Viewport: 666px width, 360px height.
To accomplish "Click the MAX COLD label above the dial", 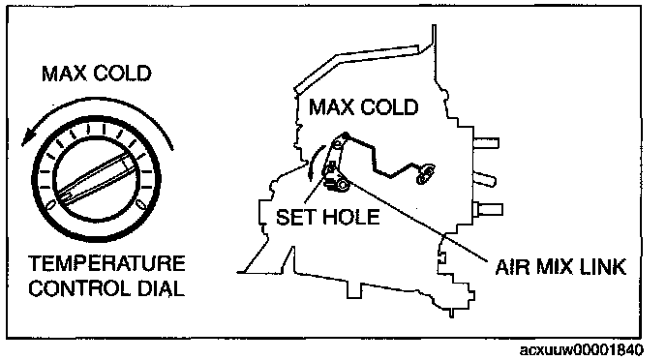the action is click(x=97, y=74).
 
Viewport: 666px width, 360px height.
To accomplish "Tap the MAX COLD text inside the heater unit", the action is click(x=364, y=107).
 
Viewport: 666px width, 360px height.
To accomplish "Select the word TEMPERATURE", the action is click(x=107, y=263).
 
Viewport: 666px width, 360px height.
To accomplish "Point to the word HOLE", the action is click(x=350, y=217).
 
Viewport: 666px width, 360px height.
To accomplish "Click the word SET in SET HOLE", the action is click(x=296, y=217).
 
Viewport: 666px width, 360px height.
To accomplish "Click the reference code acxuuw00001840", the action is click(x=582, y=349).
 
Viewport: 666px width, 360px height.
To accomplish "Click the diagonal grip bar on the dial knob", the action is click(x=97, y=176).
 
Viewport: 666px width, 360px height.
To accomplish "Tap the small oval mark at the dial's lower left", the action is click(x=50, y=205).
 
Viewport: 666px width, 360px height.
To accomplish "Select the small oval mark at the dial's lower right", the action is click(x=141, y=204).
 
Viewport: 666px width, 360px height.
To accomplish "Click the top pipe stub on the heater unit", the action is click(x=486, y=143).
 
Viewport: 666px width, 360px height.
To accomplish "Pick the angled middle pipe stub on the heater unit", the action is click(x=485, y=178).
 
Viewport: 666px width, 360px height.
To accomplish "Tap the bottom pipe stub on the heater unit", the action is click(x=488, y=209).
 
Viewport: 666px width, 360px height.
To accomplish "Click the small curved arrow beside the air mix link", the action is click(x=315, y=163).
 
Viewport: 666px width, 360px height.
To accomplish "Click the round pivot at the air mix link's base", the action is click(x=343, y=185).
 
